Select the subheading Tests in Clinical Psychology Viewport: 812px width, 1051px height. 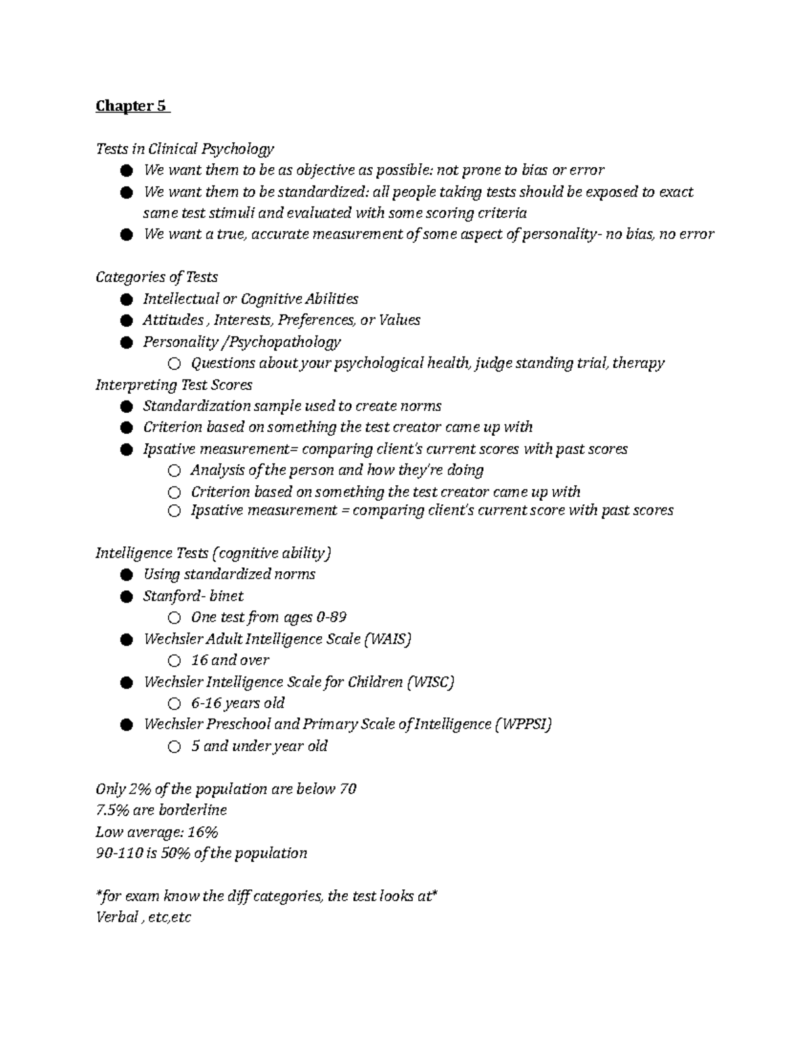click(185, 149)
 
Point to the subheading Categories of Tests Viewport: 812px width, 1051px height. click(156, 277)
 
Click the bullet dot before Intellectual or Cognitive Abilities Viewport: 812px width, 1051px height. click(126, 299)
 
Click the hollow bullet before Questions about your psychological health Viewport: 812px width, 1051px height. click(175, 364)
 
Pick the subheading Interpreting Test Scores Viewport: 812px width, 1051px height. click(174, 384)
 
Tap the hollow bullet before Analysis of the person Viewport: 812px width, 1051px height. click(175, 470)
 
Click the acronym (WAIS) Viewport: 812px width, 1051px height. click(388, 639)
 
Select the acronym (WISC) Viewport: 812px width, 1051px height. click(430, 681)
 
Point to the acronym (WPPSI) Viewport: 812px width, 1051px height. click(523, 724)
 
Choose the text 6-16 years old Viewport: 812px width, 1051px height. click(238, 702)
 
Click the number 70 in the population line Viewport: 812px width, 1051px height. click(348, 789)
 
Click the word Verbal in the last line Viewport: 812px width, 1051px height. click(116, 918)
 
